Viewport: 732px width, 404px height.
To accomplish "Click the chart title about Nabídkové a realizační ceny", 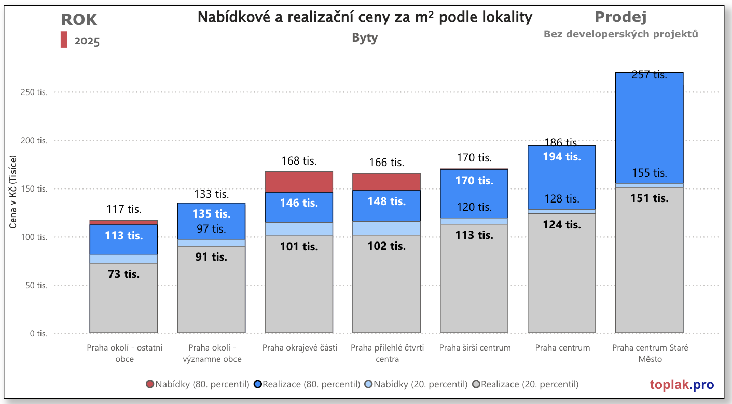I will pyautogui.click(x=365, y=18).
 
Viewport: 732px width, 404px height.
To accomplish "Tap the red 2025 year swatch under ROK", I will pyautogui.click(x=64, y=40).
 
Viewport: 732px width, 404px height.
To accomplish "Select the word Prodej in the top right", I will pyautogui.click(x=620, y=17).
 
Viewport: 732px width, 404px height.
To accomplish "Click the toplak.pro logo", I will pyautogui.click(x=682, y=385).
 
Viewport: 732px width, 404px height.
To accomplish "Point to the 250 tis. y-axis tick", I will pyautogui.click(x=35, y=92).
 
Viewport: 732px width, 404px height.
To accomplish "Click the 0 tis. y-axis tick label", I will pyautogui.click(x=38, y=334).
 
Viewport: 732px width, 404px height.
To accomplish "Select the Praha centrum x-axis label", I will pyautogui.click(x=562, y=348).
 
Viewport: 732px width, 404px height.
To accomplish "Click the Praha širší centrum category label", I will pyautogui.click(x=475, y=348).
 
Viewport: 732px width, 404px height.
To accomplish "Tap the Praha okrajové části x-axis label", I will pyautogui.click(x=299, y=348).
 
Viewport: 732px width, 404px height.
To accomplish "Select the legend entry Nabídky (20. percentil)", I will pyautogui.click(x=416, y=385).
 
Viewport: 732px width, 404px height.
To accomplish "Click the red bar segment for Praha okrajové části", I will pyautogui.click(x=299, y=182).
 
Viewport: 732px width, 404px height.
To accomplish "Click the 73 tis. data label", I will pyautogui.click(x=123, y=274).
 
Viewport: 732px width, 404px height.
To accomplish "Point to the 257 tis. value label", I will pyautogui.click(x=649, y=75).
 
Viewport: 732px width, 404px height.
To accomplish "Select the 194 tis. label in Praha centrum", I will pyautogui.click(x=562, y=156).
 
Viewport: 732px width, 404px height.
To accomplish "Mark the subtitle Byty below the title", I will pyautogui.click(x=365, y=38).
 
